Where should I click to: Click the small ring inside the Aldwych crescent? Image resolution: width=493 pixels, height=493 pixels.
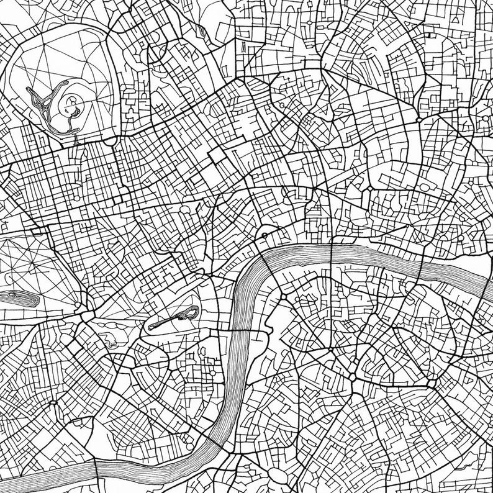(x=265, y=235)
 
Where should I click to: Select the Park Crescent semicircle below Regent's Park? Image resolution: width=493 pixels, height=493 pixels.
(x=109, y=140)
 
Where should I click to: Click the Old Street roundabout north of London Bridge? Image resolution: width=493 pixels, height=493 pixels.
(x=419, y=117)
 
